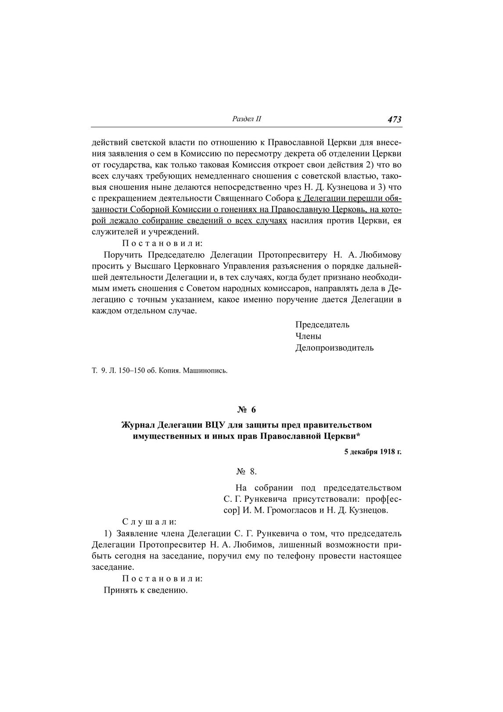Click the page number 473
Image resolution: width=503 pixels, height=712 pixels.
[394, 119]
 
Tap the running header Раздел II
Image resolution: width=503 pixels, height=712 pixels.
[246, 119]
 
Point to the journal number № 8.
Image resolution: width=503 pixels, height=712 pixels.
[246, 471]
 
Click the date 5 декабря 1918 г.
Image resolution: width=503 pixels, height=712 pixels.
[373, 452]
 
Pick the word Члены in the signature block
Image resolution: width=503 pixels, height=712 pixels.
[308, 336]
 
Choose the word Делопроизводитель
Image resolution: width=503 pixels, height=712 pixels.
[334, 348]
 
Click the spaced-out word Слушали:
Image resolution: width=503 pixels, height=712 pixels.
[149, 522]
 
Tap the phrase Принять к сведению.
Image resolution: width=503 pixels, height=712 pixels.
[146, 590]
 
